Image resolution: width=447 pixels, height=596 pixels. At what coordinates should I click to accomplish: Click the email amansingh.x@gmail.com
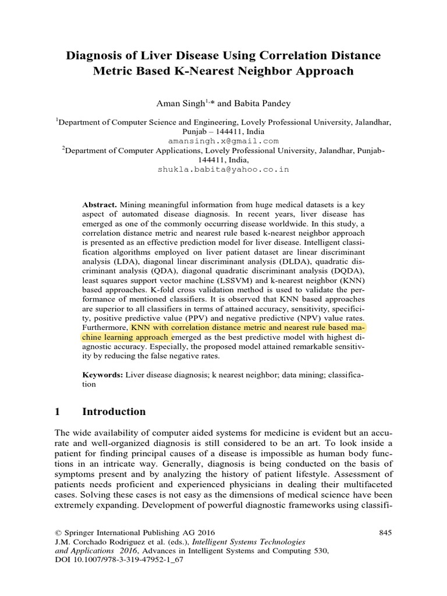[x=223, y=141]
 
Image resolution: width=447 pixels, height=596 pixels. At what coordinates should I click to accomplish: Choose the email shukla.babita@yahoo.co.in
[x=223, y=169]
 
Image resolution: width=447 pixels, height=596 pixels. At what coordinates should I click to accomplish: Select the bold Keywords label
[x=102, y=375]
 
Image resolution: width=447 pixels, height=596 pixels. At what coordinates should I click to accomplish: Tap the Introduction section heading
[x=114, y=411]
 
